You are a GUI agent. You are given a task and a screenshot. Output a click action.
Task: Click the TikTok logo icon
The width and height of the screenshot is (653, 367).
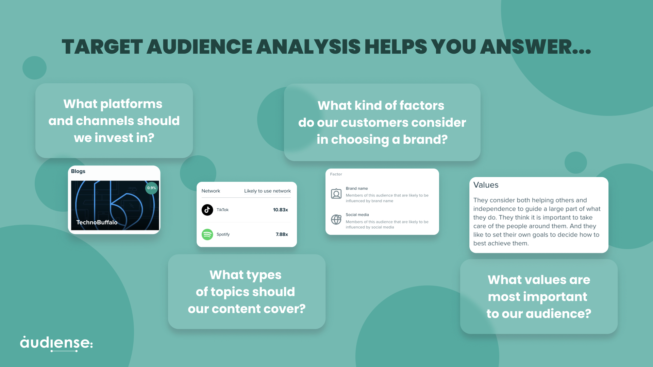point(207,210)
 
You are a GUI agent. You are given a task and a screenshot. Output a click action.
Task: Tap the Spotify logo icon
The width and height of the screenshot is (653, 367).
point(207,234)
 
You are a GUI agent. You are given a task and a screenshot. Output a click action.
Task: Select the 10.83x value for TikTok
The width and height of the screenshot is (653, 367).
point(280,210)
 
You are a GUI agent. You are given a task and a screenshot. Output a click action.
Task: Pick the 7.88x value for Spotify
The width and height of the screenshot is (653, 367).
point(282,234)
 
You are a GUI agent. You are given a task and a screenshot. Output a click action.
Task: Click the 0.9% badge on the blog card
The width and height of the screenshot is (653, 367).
point(151,188)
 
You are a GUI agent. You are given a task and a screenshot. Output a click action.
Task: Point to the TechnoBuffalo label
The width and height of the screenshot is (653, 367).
point(97,222)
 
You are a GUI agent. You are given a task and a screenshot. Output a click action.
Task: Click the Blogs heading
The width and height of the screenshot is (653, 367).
point(78,171)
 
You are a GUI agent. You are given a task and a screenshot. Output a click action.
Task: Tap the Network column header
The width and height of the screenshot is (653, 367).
point(211,191)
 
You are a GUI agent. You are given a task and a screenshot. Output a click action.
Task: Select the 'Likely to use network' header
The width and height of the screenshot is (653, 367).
point(267,191)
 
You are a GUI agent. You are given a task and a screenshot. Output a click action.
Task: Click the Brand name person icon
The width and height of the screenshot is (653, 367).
point(336,194)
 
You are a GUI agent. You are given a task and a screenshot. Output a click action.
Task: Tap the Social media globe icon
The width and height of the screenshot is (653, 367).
point(336,220)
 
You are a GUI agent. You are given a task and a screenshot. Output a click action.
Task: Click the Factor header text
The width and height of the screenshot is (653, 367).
point(336,174)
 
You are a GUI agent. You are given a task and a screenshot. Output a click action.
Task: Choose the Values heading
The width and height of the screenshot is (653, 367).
point(486,185)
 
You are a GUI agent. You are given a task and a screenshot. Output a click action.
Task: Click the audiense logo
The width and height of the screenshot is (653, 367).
point(56,343)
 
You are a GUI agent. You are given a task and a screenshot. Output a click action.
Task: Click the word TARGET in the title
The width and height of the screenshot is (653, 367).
point(102,47)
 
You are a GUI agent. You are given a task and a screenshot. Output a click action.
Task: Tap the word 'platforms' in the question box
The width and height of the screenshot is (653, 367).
point(131,104)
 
